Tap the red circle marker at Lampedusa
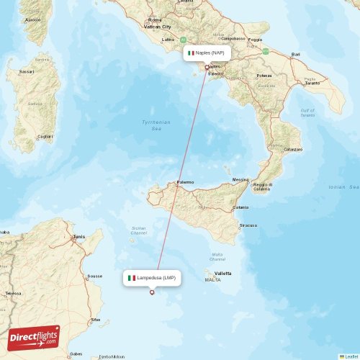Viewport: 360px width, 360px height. pos(151,292)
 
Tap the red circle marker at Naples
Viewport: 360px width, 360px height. pos(207,68)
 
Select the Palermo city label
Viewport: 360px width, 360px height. pos(185,183)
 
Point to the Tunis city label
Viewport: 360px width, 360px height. pos(78,236)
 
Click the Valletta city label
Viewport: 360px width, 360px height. pos(222,274)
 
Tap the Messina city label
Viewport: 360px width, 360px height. pos(240,179)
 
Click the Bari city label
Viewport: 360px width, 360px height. pos(295,55)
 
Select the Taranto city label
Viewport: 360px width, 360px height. pos(312,84)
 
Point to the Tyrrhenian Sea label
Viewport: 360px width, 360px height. pos(156,125)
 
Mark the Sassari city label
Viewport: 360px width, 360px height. pos(27,72)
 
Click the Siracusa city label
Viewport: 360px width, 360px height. pos(249,225)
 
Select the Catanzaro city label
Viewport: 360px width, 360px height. pos(293,149)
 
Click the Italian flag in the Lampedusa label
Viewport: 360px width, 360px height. pos(131,277)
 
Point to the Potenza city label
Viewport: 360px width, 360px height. pos(264,75)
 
